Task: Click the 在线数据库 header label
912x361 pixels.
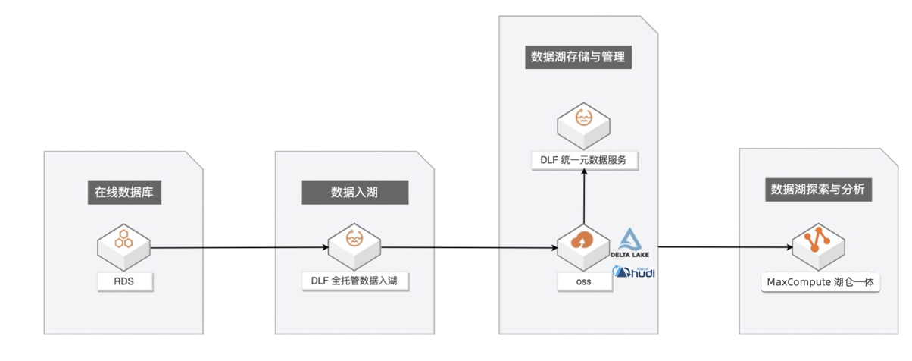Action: pos(124,193)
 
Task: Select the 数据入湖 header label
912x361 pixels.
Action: pos(354,193)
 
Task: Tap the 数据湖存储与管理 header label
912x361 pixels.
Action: pos(578,57)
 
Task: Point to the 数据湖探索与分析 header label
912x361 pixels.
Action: pos(818,190)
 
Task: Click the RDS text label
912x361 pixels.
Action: pos(124,281)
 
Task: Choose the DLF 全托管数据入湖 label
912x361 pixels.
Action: pos(354,281)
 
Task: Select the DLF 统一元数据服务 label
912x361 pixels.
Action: pos(584,160)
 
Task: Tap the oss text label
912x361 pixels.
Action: pos(584,281)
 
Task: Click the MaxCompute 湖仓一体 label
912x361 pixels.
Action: pos(820,282)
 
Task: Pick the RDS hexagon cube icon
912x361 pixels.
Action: pos(123,247)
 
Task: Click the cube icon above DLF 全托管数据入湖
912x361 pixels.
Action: pos(354,247)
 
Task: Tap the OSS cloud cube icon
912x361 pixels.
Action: pos(583,248)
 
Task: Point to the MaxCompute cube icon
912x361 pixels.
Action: pos(818,247)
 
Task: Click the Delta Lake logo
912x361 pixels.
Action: pos(630,243)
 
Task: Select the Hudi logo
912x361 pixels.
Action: pos(634,272)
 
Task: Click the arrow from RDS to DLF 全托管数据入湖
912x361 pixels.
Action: pos(239,247)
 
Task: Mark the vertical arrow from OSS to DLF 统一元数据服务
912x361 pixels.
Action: pos(584,196)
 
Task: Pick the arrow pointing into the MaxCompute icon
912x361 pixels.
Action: pos(725,247)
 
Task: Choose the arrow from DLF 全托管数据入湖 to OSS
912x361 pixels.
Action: pos(469,247)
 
